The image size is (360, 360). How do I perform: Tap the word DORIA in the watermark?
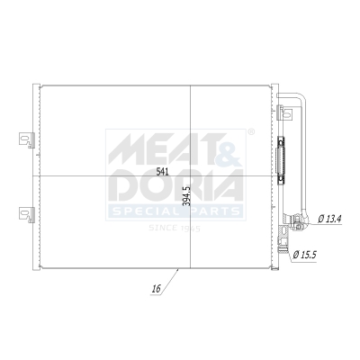(x=175, y=187)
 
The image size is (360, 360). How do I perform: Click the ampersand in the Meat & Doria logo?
(x=226, y=143)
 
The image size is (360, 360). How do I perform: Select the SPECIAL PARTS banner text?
(x=175, y=212)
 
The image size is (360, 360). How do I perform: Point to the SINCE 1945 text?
(x=175, y=229)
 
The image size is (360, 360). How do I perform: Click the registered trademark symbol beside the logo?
(x=251, y=131)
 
